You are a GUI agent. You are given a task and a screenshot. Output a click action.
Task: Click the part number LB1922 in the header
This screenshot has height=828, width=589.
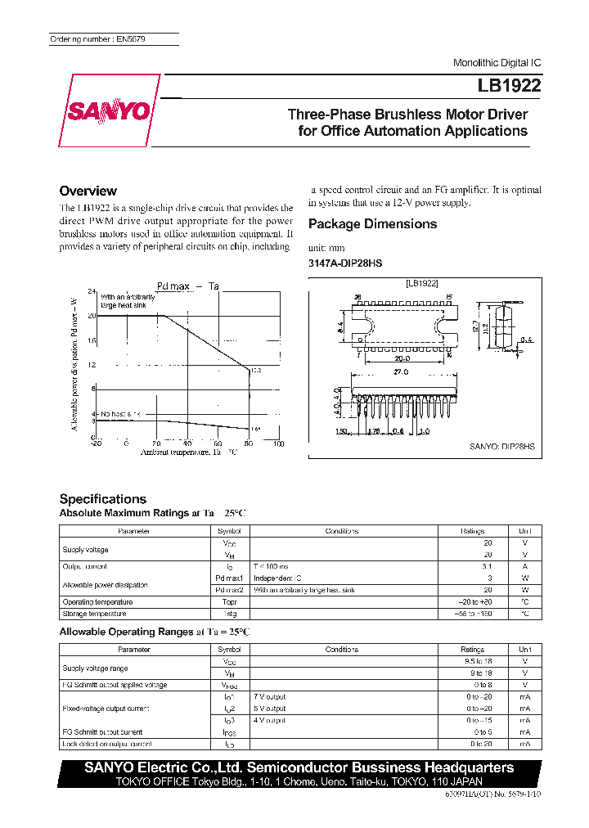(x=509, y=85)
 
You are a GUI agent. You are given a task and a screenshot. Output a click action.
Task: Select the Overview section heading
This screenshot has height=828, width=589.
(x=88, y=191)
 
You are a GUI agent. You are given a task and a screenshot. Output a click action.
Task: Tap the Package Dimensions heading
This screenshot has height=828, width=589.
(x=372, y=224)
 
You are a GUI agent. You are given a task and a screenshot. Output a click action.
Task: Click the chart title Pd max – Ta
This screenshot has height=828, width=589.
(x=187, y=286)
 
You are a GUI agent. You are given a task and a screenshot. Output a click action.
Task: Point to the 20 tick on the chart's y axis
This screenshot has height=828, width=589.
(x=92, y=315)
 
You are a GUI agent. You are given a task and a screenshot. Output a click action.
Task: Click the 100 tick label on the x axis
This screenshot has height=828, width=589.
(x=277, y=443)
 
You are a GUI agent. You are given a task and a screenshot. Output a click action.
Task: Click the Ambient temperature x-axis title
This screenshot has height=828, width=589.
(x=189, y=452)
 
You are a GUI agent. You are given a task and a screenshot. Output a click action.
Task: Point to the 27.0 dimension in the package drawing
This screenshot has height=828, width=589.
(x=399, y=371)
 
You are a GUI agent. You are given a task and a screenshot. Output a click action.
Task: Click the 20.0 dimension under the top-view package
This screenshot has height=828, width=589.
(x=402, y=358)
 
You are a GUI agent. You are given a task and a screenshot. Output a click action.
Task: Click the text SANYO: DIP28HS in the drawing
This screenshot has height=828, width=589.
(x=502, y=447)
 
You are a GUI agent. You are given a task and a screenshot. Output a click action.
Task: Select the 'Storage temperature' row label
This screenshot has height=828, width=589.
(x=94, y=613)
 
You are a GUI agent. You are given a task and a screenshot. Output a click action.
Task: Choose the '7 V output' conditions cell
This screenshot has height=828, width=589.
(x=269, y=696)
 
